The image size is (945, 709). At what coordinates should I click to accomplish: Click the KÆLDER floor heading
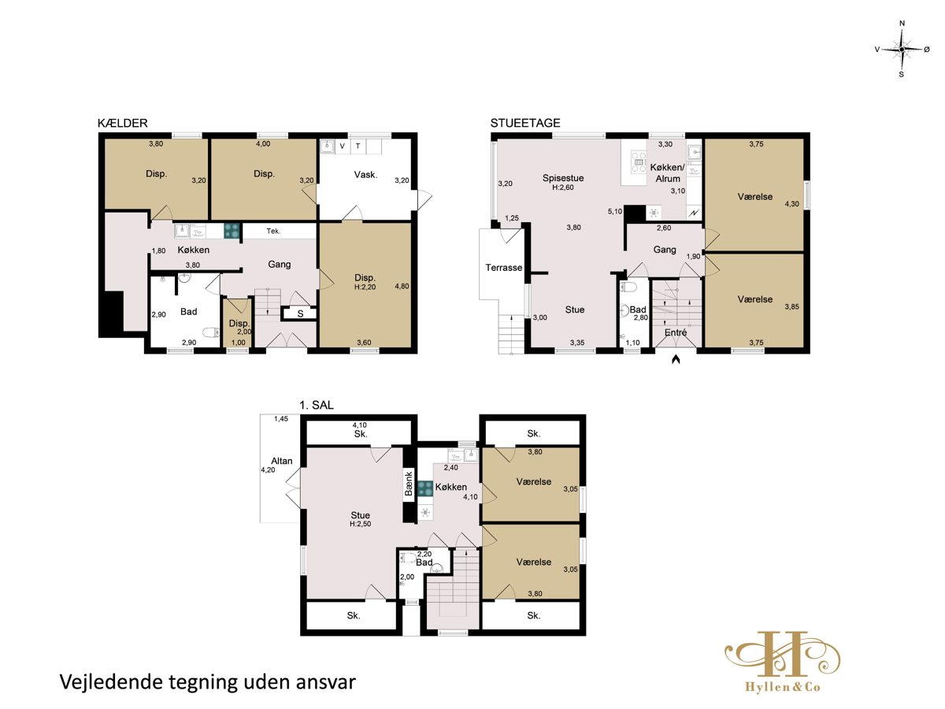122,123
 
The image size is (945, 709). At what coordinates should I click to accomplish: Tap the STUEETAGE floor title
524,123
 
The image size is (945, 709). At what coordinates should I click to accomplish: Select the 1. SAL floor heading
317,405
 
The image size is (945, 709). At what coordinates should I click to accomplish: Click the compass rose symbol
902,50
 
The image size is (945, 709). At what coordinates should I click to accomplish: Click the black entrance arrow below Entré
676,358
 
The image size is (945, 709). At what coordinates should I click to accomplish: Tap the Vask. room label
365,175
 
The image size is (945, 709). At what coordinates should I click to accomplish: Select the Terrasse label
503,268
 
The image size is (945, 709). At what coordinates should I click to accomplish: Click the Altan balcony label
282,461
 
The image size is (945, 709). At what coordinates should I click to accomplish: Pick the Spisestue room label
563,178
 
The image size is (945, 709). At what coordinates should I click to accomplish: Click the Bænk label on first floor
409,484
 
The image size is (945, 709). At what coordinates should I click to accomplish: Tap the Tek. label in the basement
273,231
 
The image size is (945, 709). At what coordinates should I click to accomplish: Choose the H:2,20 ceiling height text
365,287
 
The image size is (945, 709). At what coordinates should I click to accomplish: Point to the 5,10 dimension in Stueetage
615,211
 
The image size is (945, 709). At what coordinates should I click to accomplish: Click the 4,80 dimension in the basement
402,286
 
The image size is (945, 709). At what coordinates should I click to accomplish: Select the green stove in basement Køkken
232,230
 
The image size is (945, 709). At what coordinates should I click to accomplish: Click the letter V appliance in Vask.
343,147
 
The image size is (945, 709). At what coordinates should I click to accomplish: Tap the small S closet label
300,314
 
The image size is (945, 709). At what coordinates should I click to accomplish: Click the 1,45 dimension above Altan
280,419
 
